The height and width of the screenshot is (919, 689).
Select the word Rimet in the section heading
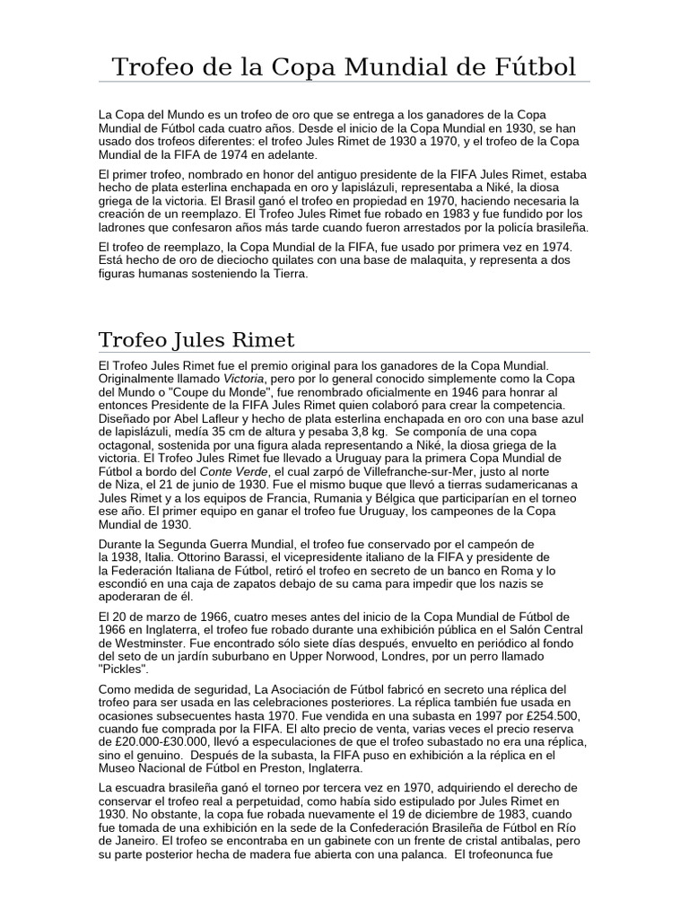coord(261,340)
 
